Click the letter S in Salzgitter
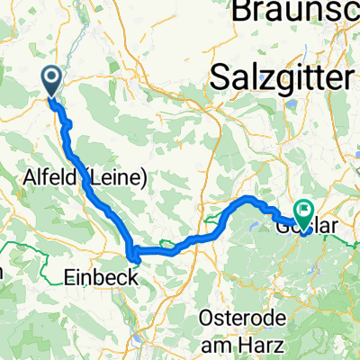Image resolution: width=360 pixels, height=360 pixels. click(217, 77)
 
